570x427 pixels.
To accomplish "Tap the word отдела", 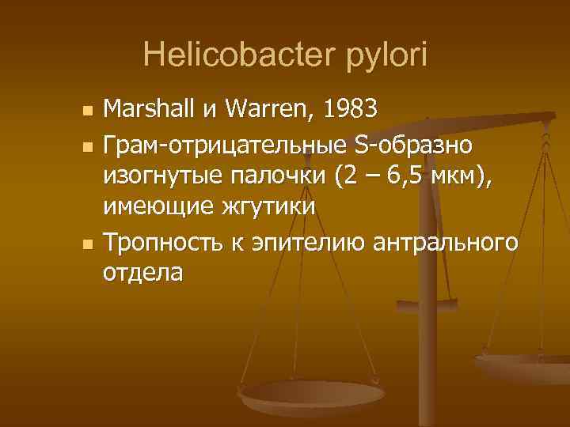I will [x=142, y=274].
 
